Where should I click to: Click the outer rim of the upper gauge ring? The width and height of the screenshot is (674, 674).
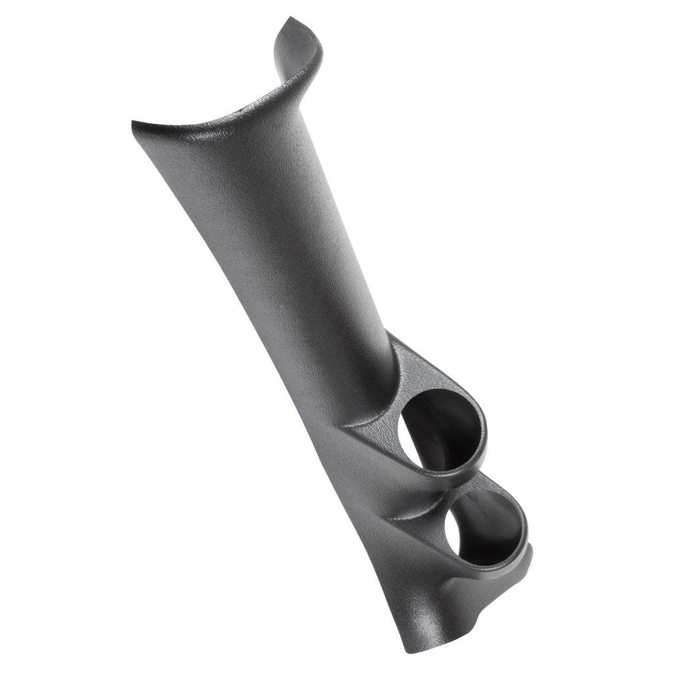[x=484, y=421]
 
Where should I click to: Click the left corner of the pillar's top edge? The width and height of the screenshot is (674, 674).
[x=135, y=123]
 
